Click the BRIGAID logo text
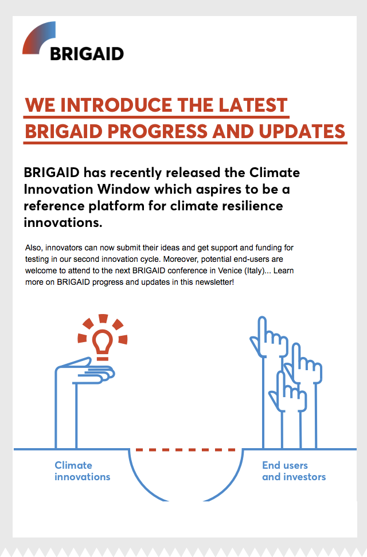(x=87, y=54)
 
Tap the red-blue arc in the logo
(x=36, y=35)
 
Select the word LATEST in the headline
(x=253, y=105)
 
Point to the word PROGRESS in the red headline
(x=158, y=131)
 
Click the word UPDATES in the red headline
(x=302, y=131)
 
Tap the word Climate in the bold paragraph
(x=275, y=172)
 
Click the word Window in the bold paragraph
(x=123, y=189)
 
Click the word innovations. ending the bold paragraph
(x=63, y=223)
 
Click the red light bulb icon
(x=103, y=338)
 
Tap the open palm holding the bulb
(x=85, y=371)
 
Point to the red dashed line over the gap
(x=185, y=450)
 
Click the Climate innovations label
(x=82, y=471)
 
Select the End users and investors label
(x=294, y=471)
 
